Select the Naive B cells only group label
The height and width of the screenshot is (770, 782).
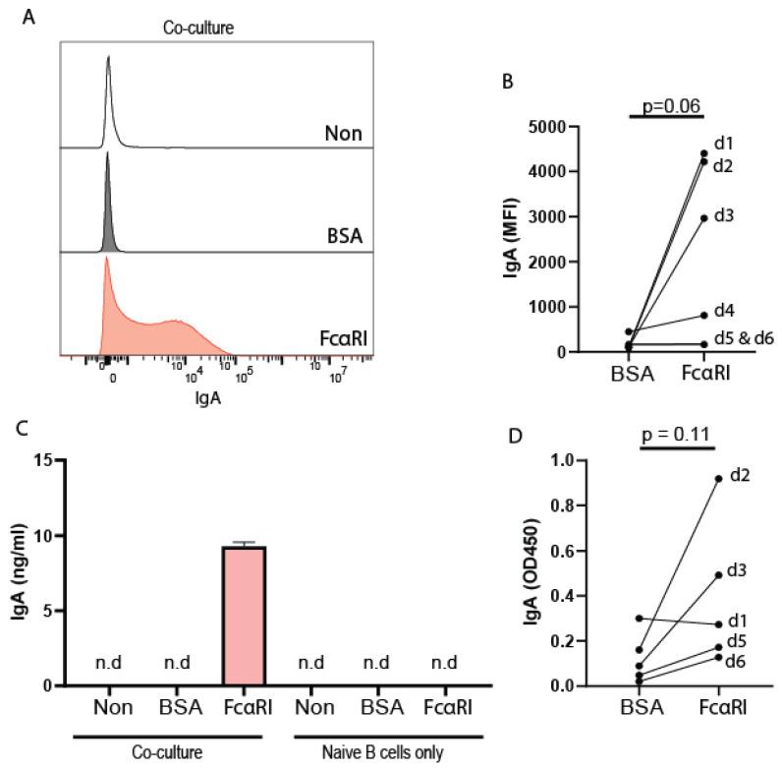pyautogui.click(x=391, y=754)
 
